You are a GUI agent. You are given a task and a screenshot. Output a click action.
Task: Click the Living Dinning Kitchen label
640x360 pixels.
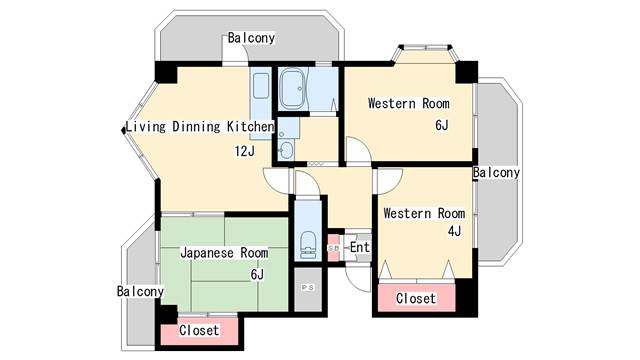point(200,127)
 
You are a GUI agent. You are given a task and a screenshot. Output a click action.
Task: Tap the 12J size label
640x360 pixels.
point(244,151)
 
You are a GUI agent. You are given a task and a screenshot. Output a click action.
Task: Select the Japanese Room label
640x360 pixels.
point(224,253)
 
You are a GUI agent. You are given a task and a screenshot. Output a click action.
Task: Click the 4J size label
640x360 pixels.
point(454,231)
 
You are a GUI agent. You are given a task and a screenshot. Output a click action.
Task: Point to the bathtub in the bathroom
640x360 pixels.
point(293,89)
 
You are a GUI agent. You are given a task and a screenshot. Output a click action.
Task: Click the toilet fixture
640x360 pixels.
point(308,245)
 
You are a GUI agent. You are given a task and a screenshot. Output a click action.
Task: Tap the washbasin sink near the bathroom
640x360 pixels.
point(287,150)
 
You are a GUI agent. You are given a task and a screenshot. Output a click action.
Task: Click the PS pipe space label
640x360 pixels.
point(308,288)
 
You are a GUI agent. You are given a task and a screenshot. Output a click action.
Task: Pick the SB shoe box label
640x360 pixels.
point(333,248)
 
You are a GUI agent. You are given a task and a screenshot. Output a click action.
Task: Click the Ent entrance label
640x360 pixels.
point(360,247)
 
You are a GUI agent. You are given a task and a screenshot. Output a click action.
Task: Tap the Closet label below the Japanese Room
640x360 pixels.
point(199,330)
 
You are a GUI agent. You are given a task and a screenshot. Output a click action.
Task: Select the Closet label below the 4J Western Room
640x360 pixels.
point(416,298)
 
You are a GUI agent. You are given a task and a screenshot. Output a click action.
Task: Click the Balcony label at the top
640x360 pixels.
point(251,38)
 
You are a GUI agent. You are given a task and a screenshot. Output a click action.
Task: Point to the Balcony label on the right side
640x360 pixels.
point(496,173)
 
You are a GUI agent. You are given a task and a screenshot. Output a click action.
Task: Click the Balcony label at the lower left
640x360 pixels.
point(140,291)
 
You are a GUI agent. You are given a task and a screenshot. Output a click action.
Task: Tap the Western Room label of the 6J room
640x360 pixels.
point(409,103)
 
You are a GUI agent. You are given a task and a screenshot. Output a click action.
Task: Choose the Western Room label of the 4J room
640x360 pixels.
point(424,213)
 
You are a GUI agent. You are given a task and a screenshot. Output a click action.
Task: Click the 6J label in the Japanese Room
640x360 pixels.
point(257,274)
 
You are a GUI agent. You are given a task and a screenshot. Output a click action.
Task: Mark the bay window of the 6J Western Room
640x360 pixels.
point(425,54)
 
